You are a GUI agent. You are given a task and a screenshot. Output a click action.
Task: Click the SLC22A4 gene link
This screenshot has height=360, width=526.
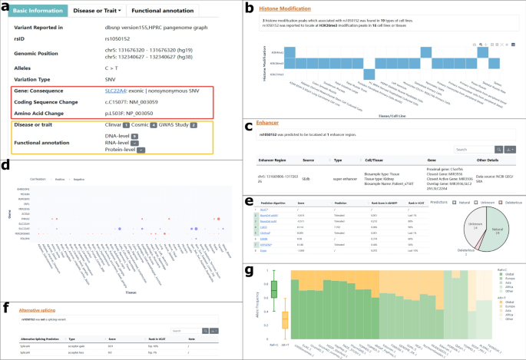point(118,90)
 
